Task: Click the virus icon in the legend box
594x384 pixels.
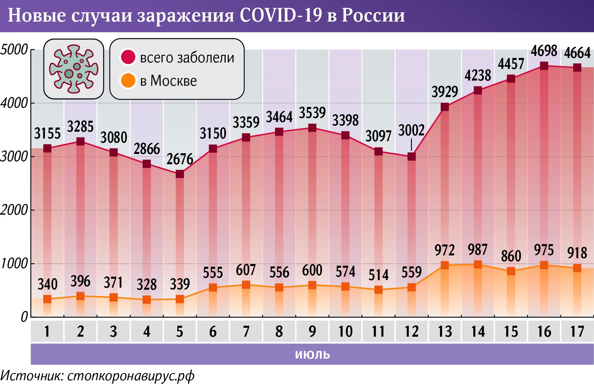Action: (73, 69)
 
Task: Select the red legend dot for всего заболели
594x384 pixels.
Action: (128, 57)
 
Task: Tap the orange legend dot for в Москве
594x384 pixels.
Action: (128, 81)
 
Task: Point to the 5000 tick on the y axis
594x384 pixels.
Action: (14, 50)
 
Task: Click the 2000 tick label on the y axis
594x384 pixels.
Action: (14, 210)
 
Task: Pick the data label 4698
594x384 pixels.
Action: (544, 51)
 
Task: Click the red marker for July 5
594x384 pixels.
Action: (180, 174)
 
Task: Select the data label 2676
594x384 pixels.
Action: (180, 159)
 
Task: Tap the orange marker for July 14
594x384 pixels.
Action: (478, 264)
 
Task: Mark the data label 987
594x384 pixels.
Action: (478, 250)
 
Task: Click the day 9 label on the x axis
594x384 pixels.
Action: (312, 332)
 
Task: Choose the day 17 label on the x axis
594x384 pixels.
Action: (577, 332)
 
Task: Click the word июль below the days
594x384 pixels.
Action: (312, 354)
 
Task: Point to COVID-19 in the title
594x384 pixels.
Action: (281, 15)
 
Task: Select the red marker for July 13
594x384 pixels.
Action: (445, 107)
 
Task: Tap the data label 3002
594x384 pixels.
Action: (412, 131)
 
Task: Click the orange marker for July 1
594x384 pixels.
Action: (47, 299)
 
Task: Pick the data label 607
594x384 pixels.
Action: (246, 270)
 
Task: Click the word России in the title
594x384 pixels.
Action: (373, 15)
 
